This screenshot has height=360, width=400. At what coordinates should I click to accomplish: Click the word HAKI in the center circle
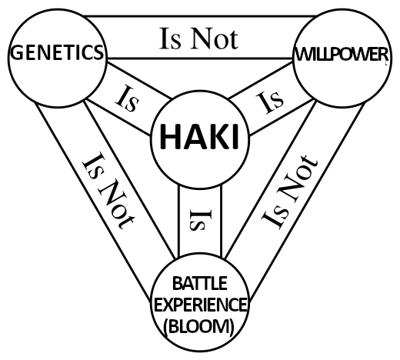pos(199,136)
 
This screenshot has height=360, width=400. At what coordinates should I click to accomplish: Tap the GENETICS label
pos(57,52)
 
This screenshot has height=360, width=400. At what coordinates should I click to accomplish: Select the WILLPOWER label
pos(342,55)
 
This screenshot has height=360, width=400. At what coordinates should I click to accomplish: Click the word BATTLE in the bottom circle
pos(200,283)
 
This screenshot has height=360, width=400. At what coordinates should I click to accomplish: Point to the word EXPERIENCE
pos(200,305)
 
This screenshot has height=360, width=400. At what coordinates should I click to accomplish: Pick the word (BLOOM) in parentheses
pos(199,326)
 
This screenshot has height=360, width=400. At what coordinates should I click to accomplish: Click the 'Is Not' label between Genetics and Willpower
pos(198,38)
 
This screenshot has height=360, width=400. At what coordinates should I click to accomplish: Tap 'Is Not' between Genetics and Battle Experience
pos(108,190)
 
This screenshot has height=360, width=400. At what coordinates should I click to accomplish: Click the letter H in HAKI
pos(171,136)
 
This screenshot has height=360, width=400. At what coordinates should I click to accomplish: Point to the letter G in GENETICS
pos(17,53)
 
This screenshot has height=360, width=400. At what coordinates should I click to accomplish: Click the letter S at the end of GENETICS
pos(98,53)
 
